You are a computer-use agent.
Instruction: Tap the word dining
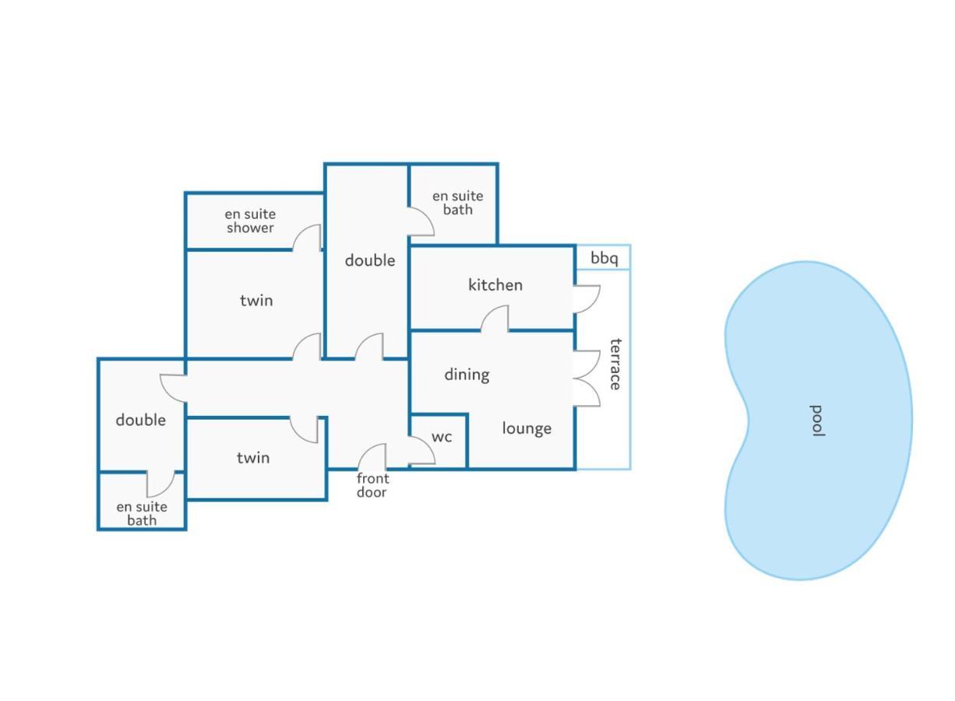click(467, 375)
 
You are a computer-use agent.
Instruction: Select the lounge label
click(527, 428)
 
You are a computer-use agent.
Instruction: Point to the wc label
click(441, 437)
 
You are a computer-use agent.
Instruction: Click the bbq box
click(603, 257)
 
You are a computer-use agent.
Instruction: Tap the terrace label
click(615, 365)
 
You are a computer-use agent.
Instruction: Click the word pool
click(817, 421)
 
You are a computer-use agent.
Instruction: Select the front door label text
click(372, 485)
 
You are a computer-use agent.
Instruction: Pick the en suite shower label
click(250, 221)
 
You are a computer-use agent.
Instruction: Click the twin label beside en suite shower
click(256, 301)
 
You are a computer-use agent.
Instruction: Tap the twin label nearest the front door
click(253, 458)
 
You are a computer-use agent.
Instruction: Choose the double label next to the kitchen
click(370, 260)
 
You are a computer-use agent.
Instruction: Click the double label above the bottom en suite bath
click(141, 420)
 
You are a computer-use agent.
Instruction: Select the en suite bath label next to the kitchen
click(457, 203)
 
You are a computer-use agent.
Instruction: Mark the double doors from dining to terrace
click(587, 379)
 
